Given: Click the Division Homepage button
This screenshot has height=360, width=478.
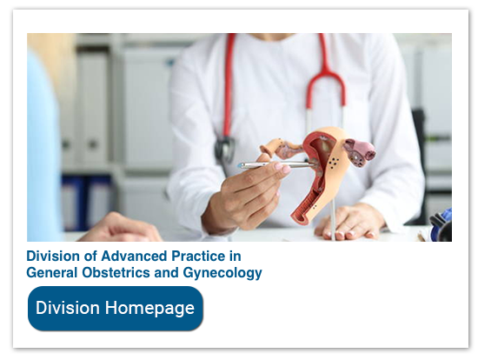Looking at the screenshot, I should coord(116,309).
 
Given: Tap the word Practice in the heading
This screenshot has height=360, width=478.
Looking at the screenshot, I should coord(199,257).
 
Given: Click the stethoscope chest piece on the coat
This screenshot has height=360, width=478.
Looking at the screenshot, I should coord(225,148).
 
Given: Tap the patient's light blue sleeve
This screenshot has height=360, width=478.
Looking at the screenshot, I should coord(43,148).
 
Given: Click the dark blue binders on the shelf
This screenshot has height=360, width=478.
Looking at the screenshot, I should coord(83,204).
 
